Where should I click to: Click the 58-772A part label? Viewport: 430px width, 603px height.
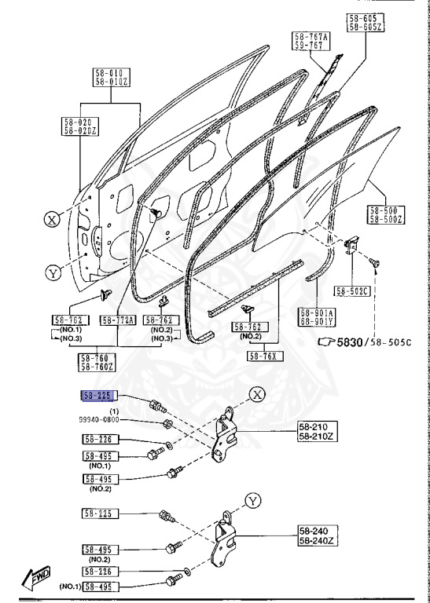point(119,320)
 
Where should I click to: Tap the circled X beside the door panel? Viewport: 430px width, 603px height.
point(51,221)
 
